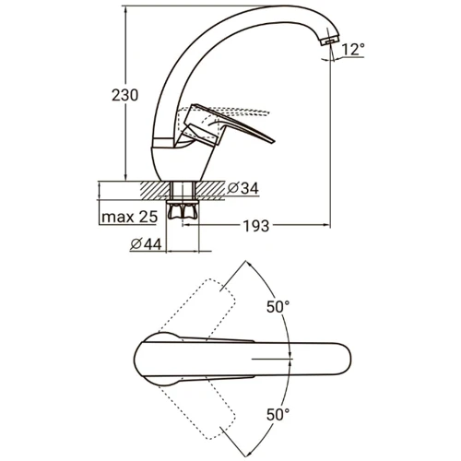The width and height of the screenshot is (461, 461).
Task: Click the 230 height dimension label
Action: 124,95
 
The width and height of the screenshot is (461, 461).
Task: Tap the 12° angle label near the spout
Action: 353,50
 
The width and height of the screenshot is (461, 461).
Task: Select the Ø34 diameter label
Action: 242,188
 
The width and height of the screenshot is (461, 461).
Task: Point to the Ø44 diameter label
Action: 146,244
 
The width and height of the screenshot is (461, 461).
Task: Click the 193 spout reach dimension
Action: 256,226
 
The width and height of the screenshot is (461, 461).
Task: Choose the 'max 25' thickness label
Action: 129,217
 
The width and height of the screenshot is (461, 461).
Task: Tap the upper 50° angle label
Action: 278,307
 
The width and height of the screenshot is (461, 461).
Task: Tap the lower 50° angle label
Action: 278,415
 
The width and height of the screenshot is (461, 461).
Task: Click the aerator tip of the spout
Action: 330,40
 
